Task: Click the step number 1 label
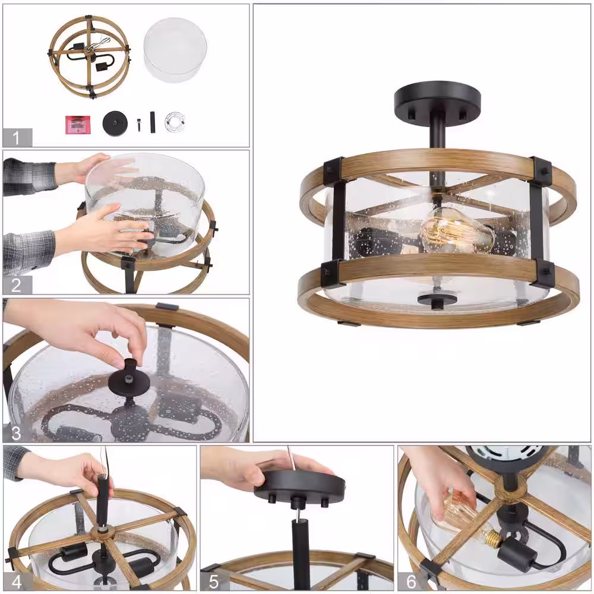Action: pos(16,138)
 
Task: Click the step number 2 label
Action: pos(16,285)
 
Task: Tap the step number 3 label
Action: pos(16,433)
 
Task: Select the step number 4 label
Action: pos(17,581)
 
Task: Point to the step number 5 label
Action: pos(214,581)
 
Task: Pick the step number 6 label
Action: pos(411,581)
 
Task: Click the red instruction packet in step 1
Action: pos(78,125)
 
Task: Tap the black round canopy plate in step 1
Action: pos(115,123)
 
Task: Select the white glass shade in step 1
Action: pos(175,50)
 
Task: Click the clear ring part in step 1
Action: pos(175,122)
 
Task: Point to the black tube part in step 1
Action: pos(153,122)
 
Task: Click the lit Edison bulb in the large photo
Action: pos(456,230)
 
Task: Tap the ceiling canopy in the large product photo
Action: pos(437,100)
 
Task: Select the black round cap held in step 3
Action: pos(127,379)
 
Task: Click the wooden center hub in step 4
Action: pos(103,534)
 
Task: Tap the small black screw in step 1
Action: pos(139,124)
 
